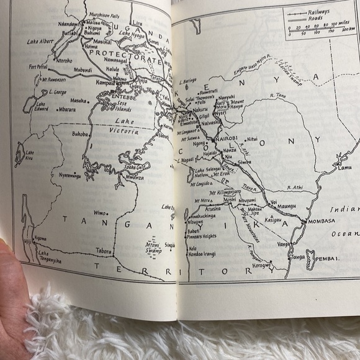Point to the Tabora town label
click(103, 251)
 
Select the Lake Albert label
click(38, 42)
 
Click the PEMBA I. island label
click(328, 257)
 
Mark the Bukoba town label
click(80, 133)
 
